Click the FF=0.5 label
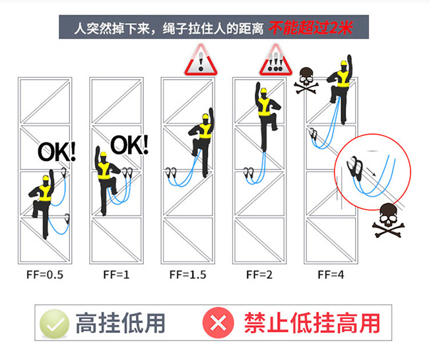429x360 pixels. tap(45, 275)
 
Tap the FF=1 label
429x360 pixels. tap(116, 275)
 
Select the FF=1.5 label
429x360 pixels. tap(187, 275)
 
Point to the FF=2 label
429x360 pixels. tap(259, 275)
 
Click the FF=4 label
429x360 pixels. tap(331, 275)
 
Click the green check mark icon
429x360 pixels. tap(54, 324)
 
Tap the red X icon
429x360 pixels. tap(218, 323)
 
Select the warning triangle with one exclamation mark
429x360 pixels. tap(201, 60)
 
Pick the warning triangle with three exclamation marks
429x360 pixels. tap(276, 60)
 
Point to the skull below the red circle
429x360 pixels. tap(388, 220)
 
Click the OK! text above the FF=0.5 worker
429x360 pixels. tap(57, 152)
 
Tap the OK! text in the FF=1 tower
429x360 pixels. tap(129, 145)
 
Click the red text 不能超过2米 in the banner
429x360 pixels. tap(311, 28)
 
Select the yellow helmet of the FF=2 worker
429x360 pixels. tap(263, 90)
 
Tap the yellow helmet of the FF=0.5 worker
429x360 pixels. tap(46, 178)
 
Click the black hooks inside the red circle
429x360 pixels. tap(355, 168)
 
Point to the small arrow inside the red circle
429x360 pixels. tap(371, 171)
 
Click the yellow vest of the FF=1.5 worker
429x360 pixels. tap(205, 131)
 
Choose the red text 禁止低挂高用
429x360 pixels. tap(312, 323)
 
